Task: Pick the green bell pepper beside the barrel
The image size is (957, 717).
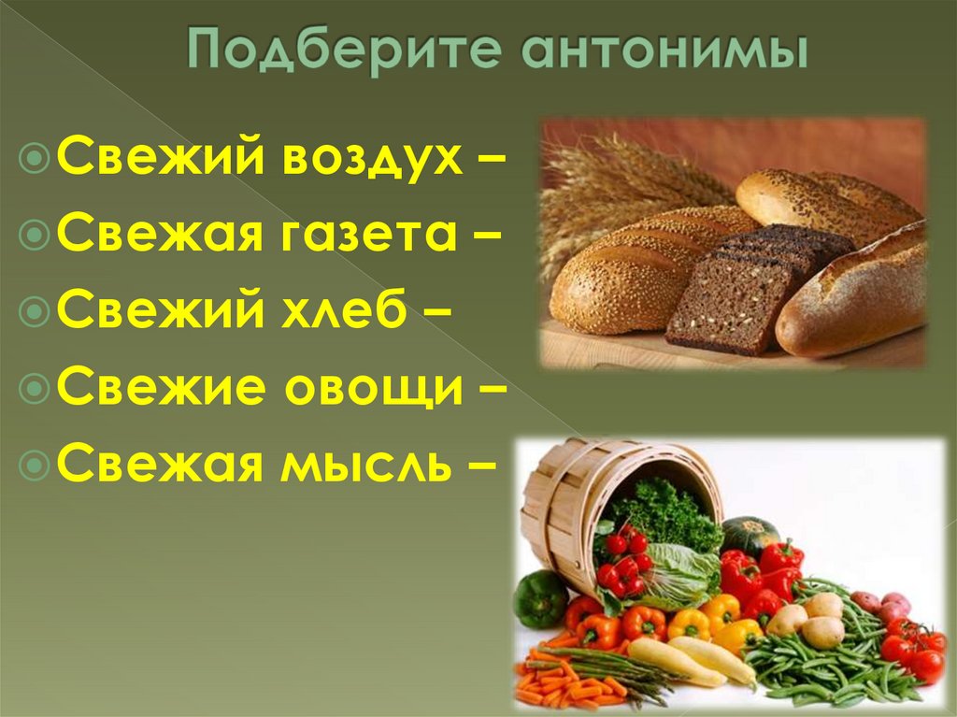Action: click(x=540, y=598)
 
